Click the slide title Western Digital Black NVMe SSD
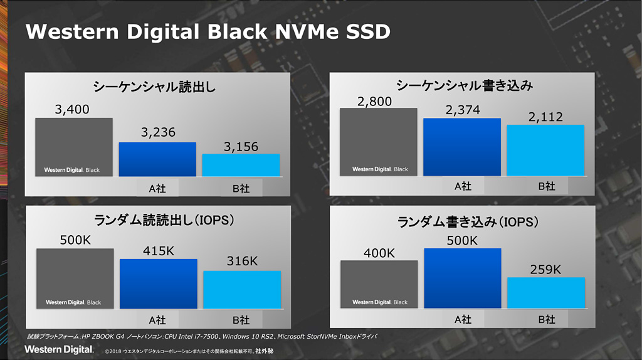[208, 31]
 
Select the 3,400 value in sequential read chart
[72, 110]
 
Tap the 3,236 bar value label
[158, 132]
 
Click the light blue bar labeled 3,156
[241, 165]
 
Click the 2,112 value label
[545, 117]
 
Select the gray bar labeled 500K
[75, 278]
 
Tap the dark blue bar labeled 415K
[159, 283]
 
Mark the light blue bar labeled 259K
[546, 292]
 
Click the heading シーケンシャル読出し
[154, 87]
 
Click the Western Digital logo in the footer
[59, 349]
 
